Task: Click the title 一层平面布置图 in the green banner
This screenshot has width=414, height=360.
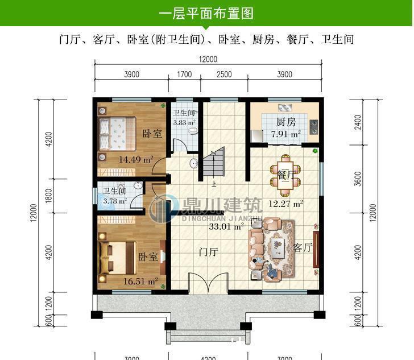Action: (x=206, y=13)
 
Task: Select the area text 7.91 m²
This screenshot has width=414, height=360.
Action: (x=285, y=134)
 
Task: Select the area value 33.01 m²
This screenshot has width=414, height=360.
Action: (x=226, y=226)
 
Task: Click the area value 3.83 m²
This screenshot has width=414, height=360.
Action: (x=184, y=122)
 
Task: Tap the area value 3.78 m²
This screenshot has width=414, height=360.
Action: (x=115, y=200)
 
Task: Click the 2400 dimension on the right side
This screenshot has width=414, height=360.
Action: (x=357, y=122)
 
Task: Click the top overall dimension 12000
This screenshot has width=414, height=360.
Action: (x=208, y=60)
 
